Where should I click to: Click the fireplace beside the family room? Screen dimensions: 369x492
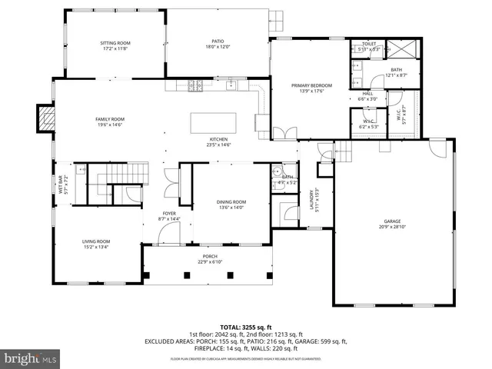[x=47, y=119]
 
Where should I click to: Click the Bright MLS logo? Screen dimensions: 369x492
[x=31, y=358]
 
